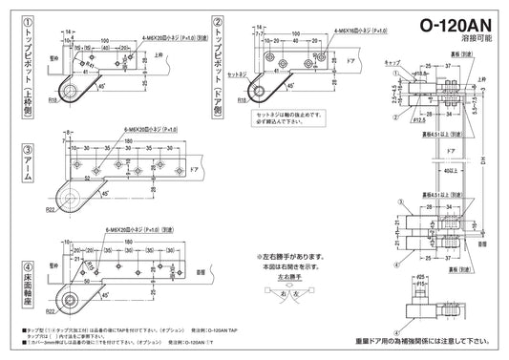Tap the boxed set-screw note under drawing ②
pyautogui.click(x=291, y=120)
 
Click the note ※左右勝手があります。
pyautogui.click(x=292, y=257)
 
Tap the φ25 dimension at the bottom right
pyautogui.click(x=416, y=277)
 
